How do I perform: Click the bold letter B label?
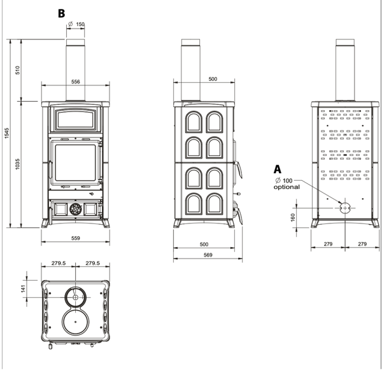coord(61,13)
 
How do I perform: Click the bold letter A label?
coord(277,169)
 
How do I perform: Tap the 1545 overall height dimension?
coord(6,133)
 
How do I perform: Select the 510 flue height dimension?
coord(18,70)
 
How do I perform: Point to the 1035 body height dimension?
coord(18,164)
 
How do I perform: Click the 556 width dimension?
coord(76,81)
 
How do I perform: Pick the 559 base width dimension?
coord(76,238)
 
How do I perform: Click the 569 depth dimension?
coord(208,255)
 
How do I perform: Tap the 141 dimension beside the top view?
coord(24,288)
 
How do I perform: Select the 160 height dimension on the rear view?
coord(293,217)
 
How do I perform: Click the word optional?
coord(286,187)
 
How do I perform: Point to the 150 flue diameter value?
coord(80,24)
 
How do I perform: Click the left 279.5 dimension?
coord(59,263)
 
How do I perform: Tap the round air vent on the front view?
coord(76,209)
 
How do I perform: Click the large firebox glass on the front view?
coord(76,163)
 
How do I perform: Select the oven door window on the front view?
coord(76,120)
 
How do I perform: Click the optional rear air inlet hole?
coord(345,208)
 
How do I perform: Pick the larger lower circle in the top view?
coord(76,322)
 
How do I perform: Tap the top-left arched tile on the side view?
coord(194,122)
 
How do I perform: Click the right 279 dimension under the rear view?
coord(362,244)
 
